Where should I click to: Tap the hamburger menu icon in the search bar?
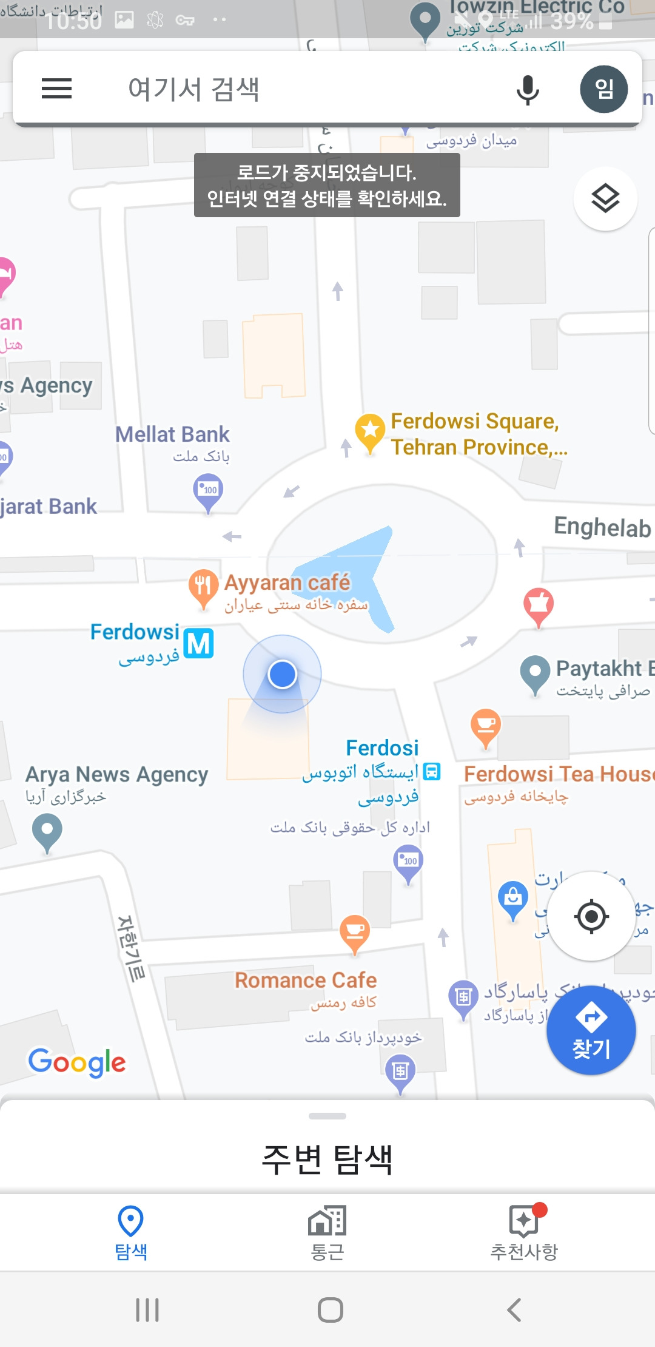[x=56, y=89]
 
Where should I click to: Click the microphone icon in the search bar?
[x=527, y=90]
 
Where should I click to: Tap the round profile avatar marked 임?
[x=603, y=89]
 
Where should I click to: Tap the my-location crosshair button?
[x=591, y=916]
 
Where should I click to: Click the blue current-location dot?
[x=282, y=674]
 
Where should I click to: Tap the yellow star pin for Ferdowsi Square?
[x=370, y=431]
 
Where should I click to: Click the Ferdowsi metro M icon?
[x=198, y=643]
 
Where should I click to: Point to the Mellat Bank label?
[x=172, y=434]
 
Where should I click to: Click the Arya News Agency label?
[x=116, y=775]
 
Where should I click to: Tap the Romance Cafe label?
[x=306, y=981]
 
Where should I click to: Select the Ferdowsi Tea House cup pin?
[x=486, y=726]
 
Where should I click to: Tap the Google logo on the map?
[x=77, y=1062]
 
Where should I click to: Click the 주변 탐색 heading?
[x=327, y=1159]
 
